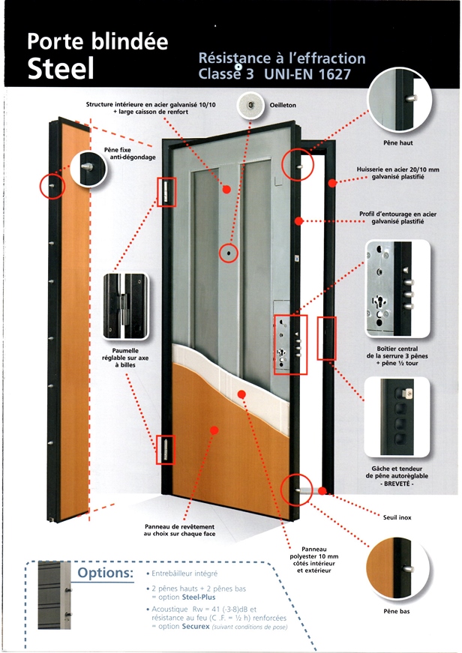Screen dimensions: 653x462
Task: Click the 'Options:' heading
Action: [x=104, y=574]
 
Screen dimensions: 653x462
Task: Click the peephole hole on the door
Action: [x=226, y=254]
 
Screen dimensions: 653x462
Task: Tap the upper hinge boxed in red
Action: [x=166, y=192]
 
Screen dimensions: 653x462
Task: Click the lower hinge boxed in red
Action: [x=163, y=450]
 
